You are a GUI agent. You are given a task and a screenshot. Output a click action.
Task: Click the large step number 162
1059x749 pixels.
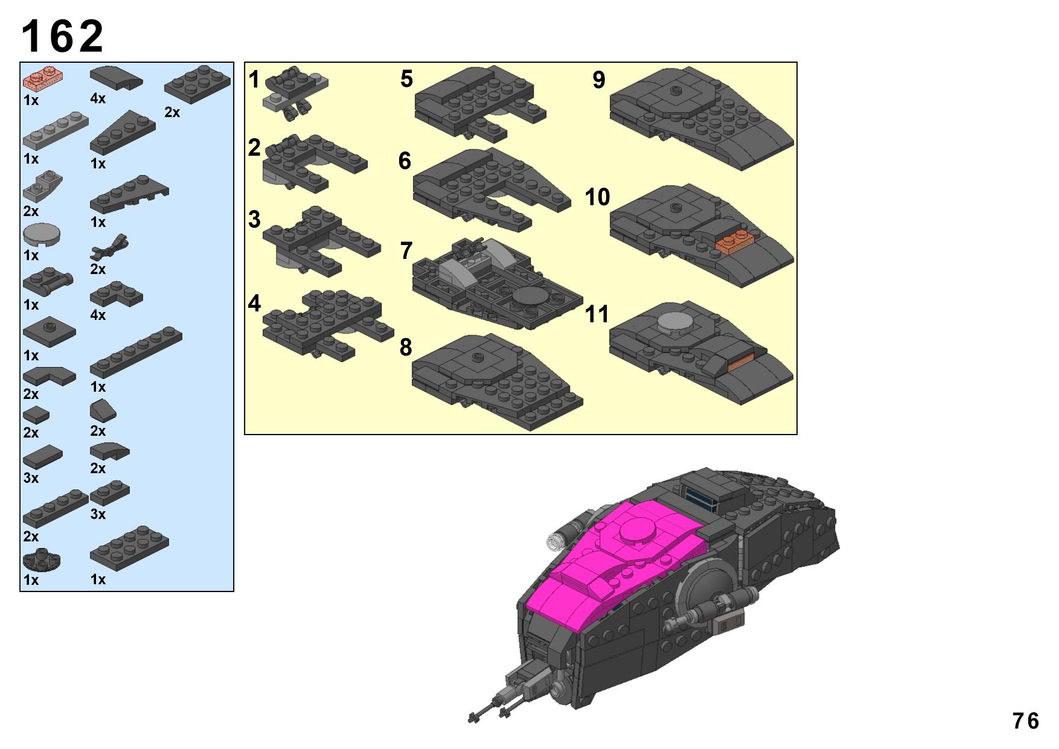coord(63,36)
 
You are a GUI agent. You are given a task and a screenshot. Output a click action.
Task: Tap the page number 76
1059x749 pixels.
coord(1026,721)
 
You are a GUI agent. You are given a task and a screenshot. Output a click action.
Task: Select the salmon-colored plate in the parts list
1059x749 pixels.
coord(43,79)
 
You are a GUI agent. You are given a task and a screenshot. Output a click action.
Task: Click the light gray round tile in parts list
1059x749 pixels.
coord(42,235)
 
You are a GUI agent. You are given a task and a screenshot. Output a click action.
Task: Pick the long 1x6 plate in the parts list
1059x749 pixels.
coord(136,353)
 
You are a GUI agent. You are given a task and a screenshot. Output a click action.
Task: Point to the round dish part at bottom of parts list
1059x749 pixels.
coord(42,559)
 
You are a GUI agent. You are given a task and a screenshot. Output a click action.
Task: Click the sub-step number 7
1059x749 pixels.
coord(406,250)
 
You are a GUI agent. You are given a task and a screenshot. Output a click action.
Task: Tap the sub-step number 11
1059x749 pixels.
coord(597,314)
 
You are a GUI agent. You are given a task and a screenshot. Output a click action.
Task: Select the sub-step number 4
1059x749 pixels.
coord(254,304)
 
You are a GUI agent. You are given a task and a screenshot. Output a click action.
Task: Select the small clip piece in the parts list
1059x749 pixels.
coord(110,246)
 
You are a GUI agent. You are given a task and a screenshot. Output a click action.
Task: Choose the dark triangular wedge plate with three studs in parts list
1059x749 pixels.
coord(123,132)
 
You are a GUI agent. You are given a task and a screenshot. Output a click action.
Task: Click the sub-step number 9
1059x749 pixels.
coord(598,80)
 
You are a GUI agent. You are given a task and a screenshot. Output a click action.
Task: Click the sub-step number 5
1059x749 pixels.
coord(406,79)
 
